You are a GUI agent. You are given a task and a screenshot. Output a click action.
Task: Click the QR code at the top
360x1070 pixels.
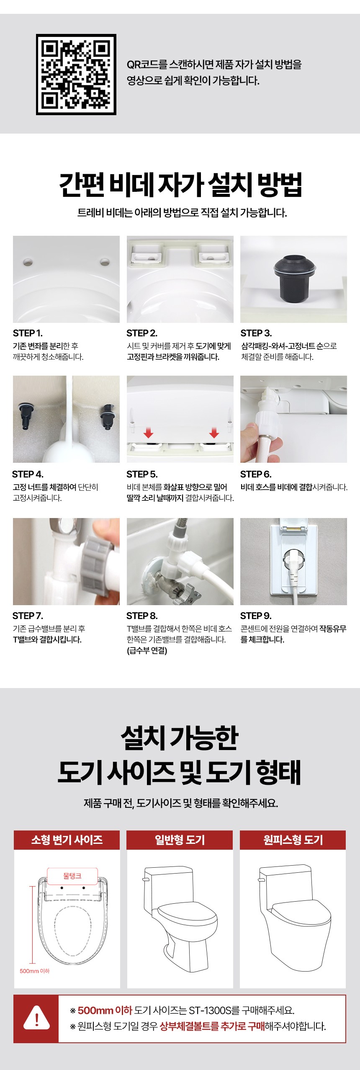pos(76,75)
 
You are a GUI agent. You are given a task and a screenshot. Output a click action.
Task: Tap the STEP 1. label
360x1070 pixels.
pos(28,333)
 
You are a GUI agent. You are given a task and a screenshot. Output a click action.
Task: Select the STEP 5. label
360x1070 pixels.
pos(142,474)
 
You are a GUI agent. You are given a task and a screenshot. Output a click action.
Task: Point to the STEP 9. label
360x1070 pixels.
pos(256,616)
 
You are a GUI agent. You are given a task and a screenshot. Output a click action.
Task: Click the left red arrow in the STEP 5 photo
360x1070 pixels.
pos(148,432)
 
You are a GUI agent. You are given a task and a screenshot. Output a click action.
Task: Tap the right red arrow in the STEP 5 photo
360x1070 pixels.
pos(214,432)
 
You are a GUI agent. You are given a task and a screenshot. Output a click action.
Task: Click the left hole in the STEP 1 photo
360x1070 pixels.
pos(28,263)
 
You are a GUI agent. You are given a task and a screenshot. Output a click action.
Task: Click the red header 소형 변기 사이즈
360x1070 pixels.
pos(67,840)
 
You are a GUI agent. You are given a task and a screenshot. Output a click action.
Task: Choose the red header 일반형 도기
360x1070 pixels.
pos(180,840)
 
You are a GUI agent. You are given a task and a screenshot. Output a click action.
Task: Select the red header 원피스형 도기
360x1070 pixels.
pos(293,840)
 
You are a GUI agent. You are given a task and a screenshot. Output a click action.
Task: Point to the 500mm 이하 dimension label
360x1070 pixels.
pos(34,971)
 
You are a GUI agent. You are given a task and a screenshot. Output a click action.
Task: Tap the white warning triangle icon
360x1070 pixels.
pos(36,1018)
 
